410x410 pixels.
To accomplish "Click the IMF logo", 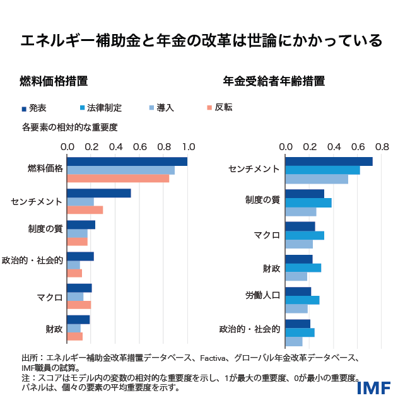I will point(373,387).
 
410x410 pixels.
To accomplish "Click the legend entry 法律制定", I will point(104,108).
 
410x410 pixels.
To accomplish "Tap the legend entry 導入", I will point(165,108).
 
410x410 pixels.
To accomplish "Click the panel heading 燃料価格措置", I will point(54,81).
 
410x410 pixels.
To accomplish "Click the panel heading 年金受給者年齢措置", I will point(274,81).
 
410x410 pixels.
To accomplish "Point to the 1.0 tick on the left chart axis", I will point(188,146).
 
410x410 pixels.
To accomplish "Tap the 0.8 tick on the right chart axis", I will point(382,146).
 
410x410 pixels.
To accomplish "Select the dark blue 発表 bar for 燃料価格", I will point(127,161).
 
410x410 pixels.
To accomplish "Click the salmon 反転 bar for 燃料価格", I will point(118,179).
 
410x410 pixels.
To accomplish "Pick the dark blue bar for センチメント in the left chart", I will point(98,193).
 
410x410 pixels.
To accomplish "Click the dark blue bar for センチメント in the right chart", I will point(329,161).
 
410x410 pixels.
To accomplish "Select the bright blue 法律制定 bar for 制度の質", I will point(308,202).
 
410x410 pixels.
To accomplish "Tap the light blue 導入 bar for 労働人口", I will point(296,308).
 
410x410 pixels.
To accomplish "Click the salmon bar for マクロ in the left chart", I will point(79,305).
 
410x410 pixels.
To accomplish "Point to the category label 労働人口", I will point(262,296).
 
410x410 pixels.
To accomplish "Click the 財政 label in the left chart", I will point(54,329).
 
